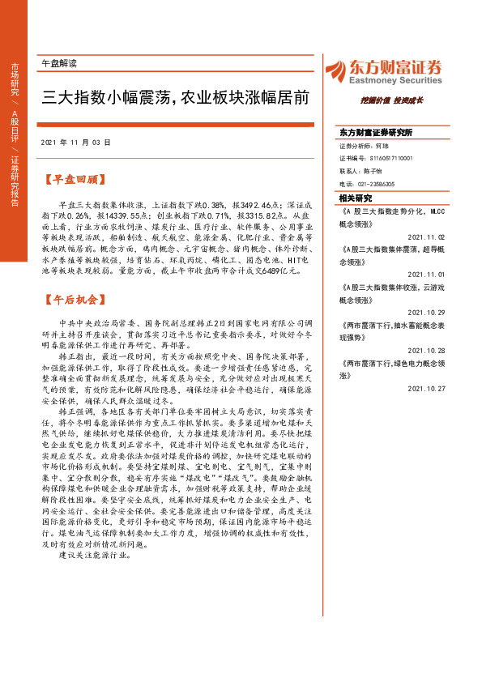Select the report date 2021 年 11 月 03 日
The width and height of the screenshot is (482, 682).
(75, 142)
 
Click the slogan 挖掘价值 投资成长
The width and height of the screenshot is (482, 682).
(392, 100)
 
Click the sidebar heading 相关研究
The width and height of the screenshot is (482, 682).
(356, 198)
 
